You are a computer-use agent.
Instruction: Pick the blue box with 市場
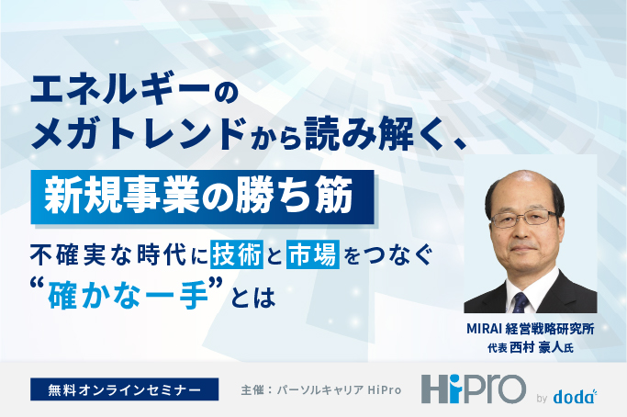[x=313, y=252]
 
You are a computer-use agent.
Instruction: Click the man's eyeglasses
[x=530, y=218]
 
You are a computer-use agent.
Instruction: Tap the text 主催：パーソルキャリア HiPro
[x=321, y=389]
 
